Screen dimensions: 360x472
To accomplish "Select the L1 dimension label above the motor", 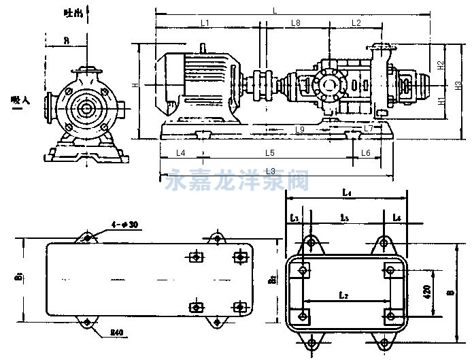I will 206,23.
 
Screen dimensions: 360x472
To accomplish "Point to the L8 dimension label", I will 296,23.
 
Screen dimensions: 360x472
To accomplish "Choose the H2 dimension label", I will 441,66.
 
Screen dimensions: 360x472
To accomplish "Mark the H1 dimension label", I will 441,101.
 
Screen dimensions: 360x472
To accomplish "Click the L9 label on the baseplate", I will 299,129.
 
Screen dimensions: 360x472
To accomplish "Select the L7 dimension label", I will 367,128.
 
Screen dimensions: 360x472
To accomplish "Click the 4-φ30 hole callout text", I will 124,225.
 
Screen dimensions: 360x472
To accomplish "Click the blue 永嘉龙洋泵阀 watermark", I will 238,180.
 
